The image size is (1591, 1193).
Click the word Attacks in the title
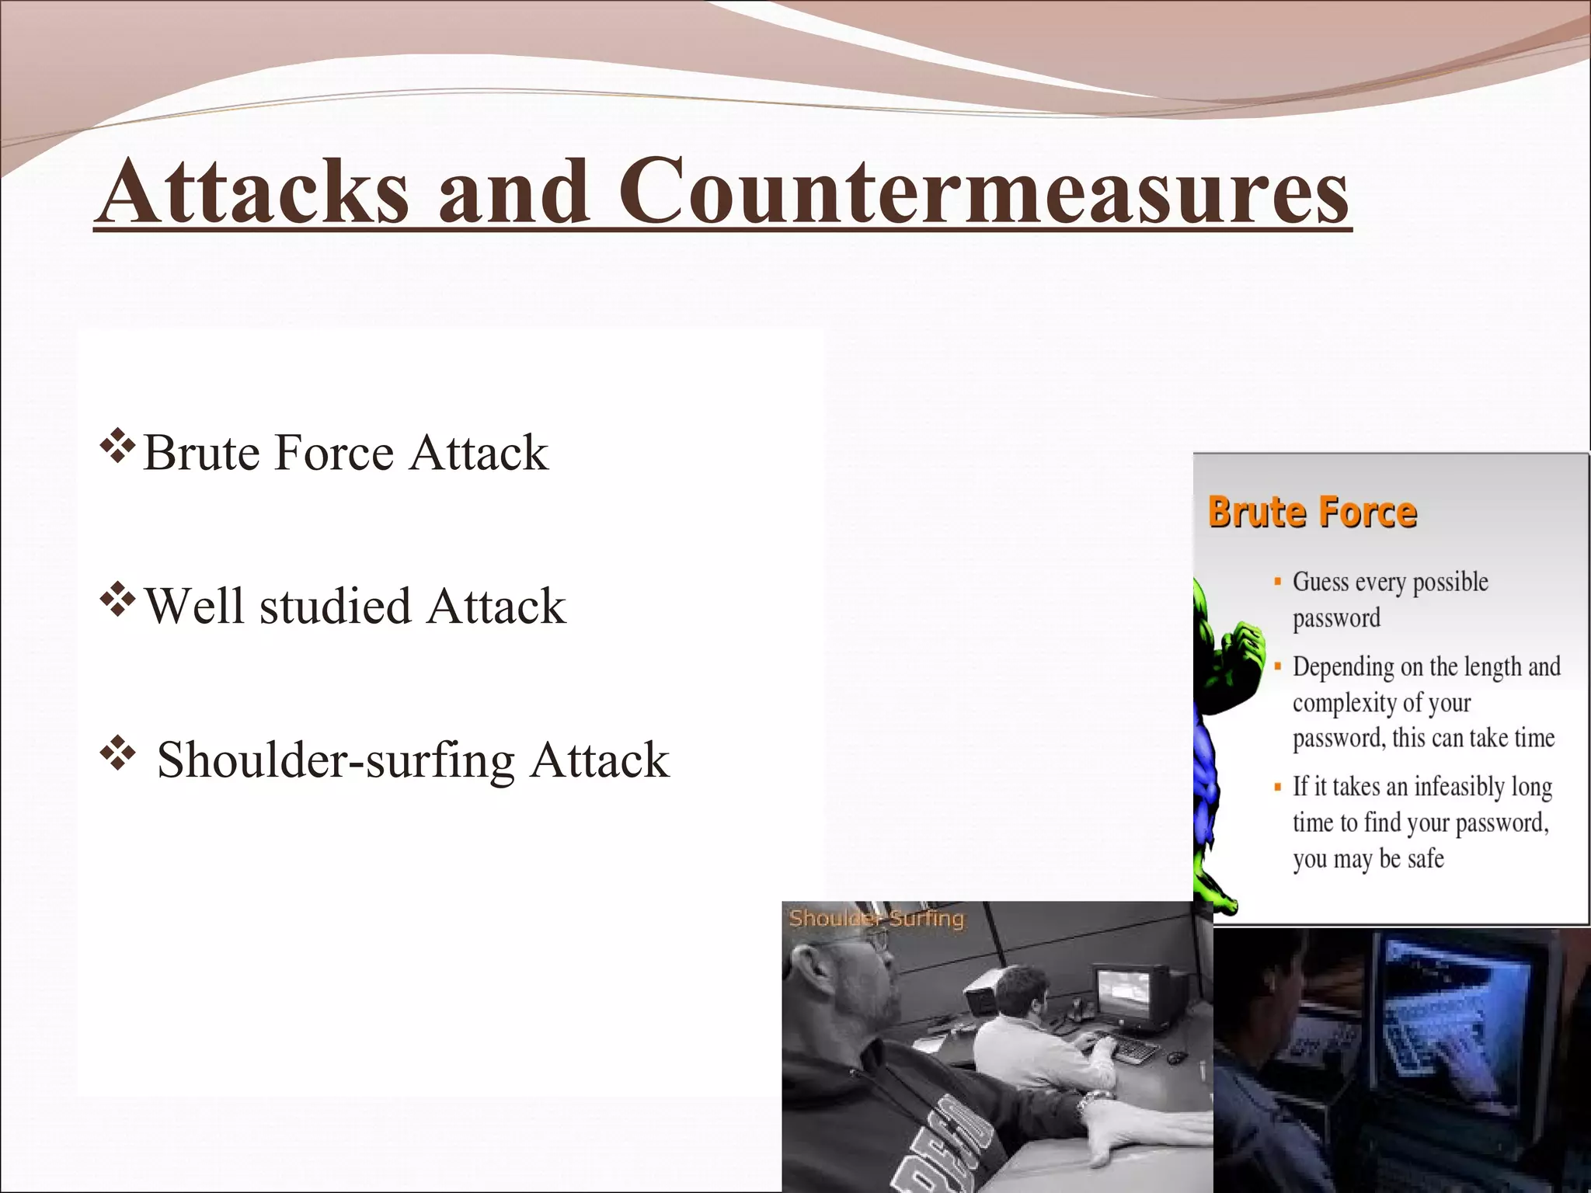click(x=254, y=192)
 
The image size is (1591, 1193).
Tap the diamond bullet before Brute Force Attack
click(x=117, y=448)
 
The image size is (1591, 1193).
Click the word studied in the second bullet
click(x=335, y=606)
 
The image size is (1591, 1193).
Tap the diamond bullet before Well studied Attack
click(x=117, y=601)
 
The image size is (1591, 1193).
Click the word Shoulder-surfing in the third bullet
click(x=336, y=760)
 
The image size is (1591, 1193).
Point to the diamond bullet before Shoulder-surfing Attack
click(x=117, y=754)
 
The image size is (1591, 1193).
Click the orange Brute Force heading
click(x=1312, y=513)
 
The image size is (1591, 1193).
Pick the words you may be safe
click(x=1368, y=859)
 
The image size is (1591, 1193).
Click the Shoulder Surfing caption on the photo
click(x=876, y=919)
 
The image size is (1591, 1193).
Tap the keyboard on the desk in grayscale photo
click(x=1135, y=1051)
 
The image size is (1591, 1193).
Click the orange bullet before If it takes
click(x=1277, y=787)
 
